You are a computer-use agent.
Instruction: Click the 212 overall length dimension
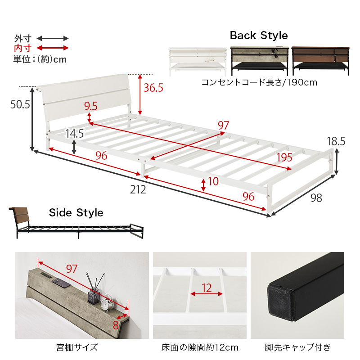pyautogui.click(x=139, y=189)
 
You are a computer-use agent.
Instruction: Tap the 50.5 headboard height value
pyautogui.click(x=21, y=105)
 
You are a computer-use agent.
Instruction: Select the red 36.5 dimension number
pyautogui.click(x=153, y=88)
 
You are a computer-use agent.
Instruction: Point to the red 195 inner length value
pyautogui.click(x=284, y=157)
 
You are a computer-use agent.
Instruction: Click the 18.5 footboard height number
pyautogui.click(x=336, y=141)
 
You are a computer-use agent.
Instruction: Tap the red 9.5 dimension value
pyautogui.click(x=91, y=106)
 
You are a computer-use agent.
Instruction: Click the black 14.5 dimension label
pyautogui.click(x=74, y=134)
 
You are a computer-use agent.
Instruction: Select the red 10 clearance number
pyautogui.click(x=213, y=182)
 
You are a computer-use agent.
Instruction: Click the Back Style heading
pyautogui.click(x=259, y=36)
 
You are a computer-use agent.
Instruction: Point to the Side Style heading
pyautogui.click(x=76, y=212)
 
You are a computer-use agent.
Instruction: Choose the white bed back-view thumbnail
pyautogui.click(x=198, y=60)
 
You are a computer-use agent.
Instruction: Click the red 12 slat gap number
pyautogui.click(x=207, y=288)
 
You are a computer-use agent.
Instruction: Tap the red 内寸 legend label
pyautogui.click(x=22, y=48)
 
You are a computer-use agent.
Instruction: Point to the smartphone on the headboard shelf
pyautogui.click(x=61, y=283)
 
